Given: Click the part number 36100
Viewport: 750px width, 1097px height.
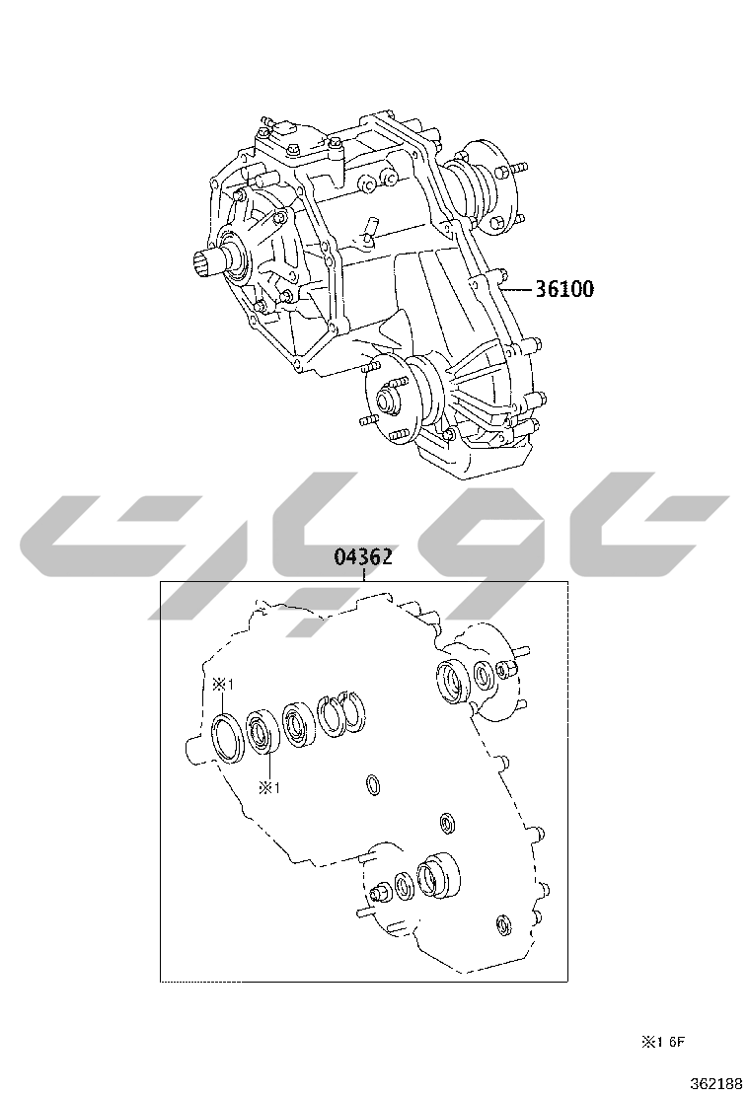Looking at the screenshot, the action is click(x=563, y=288).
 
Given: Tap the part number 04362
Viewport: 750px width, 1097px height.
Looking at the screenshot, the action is click(x=362, y=557).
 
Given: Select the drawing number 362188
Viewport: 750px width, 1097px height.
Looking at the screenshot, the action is click(x=715, y=1084).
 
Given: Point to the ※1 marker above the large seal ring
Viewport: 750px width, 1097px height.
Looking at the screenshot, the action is click(x=222, y=685).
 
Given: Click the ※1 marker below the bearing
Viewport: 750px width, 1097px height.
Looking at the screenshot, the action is click(x=269, y=788).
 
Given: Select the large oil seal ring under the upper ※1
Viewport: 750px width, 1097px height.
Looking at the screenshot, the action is click(x=227, y=737).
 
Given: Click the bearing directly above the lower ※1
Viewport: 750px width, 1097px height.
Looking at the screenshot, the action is click(x=262, y=733).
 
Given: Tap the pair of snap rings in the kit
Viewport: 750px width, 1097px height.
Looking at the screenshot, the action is click(x=342, y=713).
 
